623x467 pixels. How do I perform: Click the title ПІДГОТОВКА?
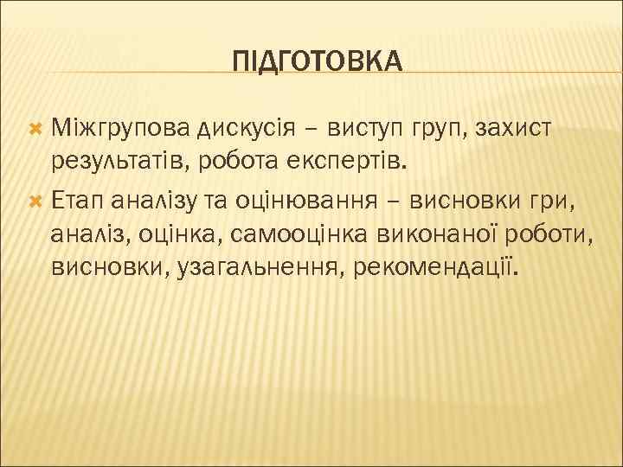pyautogui.click(x=318, y=61)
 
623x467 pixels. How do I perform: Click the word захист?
pyautogui.click(x=523, y=129)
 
